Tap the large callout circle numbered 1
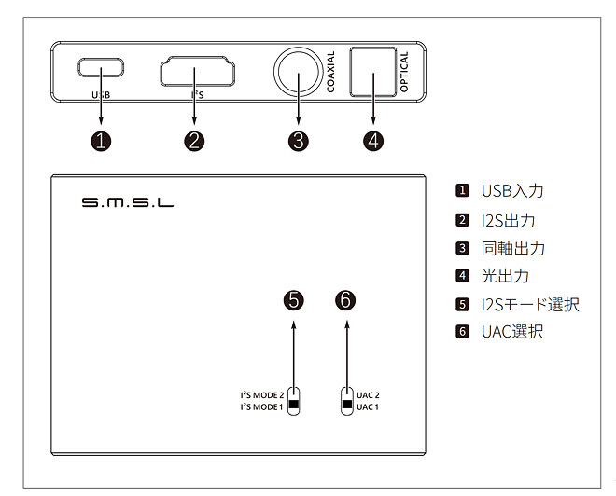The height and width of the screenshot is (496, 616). coord(102,141)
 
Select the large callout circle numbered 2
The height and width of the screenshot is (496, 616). coord(194,141)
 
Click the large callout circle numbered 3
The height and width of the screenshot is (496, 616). coord(298,141)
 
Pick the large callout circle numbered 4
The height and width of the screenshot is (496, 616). coord(374,141)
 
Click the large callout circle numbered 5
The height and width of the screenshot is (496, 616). coord(294,300)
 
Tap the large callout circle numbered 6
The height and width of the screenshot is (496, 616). coord(346,300)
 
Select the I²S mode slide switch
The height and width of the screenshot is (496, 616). coord(294,401)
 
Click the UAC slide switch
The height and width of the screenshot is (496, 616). coord(347,401)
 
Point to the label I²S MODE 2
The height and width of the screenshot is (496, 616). coord(262,395)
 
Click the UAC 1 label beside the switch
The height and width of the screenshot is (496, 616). coord(368,407)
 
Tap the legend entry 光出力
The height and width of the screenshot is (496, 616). coord(504,276)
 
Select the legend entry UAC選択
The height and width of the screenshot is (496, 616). coord(511,332)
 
